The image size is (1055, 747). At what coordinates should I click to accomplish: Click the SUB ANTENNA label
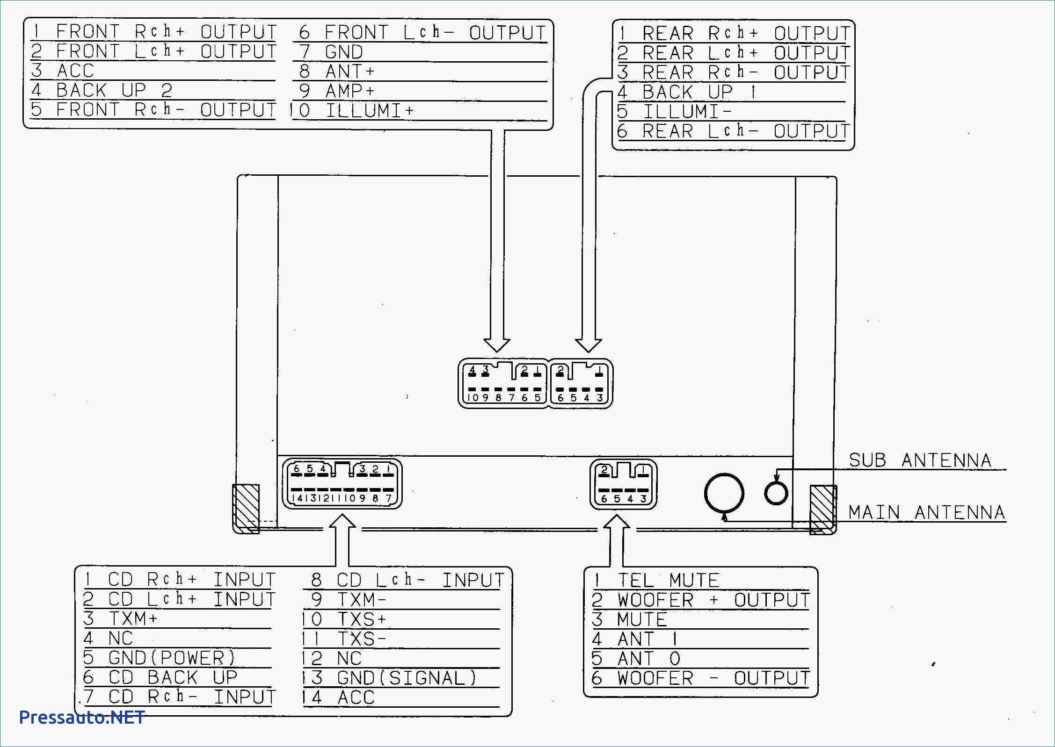click(920, 460)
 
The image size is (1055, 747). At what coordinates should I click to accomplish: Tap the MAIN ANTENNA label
click(926, 513)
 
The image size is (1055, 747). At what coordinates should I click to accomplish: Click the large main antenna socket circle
click(724, 493)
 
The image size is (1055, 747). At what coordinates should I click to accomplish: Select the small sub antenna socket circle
click(776, 493)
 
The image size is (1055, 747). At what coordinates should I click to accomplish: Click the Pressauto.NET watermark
click(82, 718)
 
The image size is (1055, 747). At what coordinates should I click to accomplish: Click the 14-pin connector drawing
click(342, 484)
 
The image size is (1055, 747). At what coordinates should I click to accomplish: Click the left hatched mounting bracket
click(246, 509)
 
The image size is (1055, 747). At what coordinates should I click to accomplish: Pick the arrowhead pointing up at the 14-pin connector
click(342, 522)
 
